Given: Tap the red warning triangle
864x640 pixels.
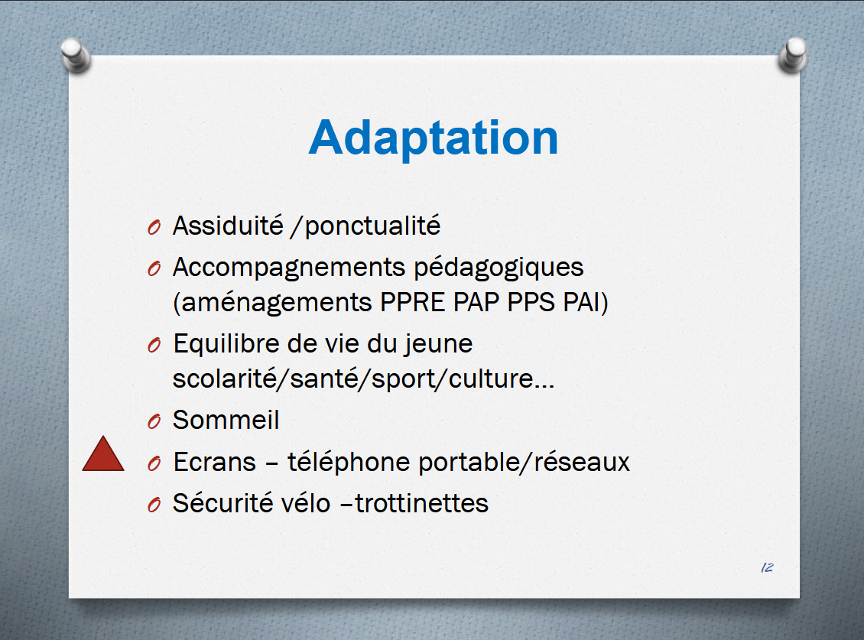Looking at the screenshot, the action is click(103, 454).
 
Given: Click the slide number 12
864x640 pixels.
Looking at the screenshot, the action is click(767, 568).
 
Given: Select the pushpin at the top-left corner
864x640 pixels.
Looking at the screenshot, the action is click(76, 55).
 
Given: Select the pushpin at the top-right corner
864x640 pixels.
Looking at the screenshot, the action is click(793, 55).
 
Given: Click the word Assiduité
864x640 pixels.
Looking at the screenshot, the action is click(228, 226).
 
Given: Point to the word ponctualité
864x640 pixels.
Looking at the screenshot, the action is click(372, 227).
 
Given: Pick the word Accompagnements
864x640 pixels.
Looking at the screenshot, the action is click(289, 268).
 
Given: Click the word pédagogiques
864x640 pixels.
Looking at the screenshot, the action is click(499, 268).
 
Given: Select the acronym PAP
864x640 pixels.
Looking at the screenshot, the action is click(476, 302).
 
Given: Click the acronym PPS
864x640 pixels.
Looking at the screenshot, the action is click(531, 302).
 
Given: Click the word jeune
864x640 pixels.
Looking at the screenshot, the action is click(439, 345).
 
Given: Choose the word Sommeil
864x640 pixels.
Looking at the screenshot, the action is click(226, 420).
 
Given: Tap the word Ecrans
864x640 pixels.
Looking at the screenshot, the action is click(215, 462).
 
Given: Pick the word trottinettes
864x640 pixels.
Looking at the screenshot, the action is click(421, 503).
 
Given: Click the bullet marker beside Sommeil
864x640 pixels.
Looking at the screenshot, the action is click(154, 422).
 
